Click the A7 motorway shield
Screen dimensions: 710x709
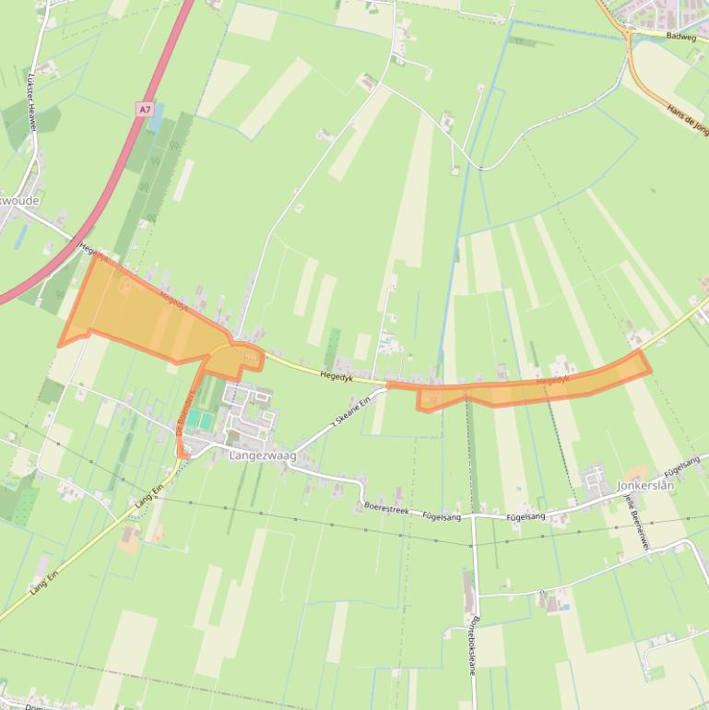point(145,110)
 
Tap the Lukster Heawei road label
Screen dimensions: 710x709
point(31,101)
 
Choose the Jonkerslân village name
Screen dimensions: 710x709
point(645,484)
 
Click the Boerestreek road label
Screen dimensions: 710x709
point(385,508)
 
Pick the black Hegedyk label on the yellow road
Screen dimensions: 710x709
point(337,375)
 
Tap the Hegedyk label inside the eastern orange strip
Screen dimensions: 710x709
point(551,379)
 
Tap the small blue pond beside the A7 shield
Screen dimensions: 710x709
point(158,117)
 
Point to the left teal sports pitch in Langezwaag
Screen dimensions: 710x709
point(196,420)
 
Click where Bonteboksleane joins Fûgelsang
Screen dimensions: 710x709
point(473,517)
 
